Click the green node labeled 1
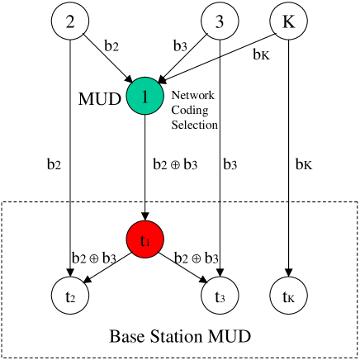click(x=144, y=97)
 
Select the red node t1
click(x=144, y=242)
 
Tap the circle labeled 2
click(x=72, y=22)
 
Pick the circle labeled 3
click(x=218, y=22)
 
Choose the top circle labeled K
click(x=287, y=22)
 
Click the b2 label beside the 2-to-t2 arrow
click(x=54, y=164)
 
